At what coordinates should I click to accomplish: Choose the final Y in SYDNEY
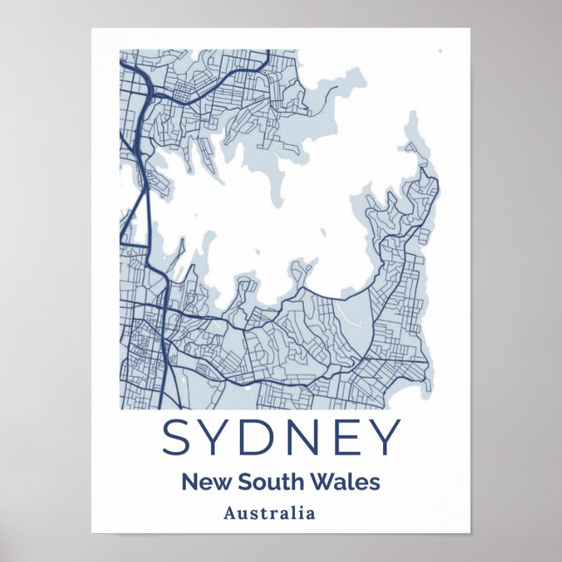coord(382,437)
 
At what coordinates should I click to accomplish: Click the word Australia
coord(269,513)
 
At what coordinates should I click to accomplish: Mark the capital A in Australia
coord(230,513)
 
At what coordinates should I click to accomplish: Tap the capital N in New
coord(188,481)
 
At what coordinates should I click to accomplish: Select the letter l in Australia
coord(292,513)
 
